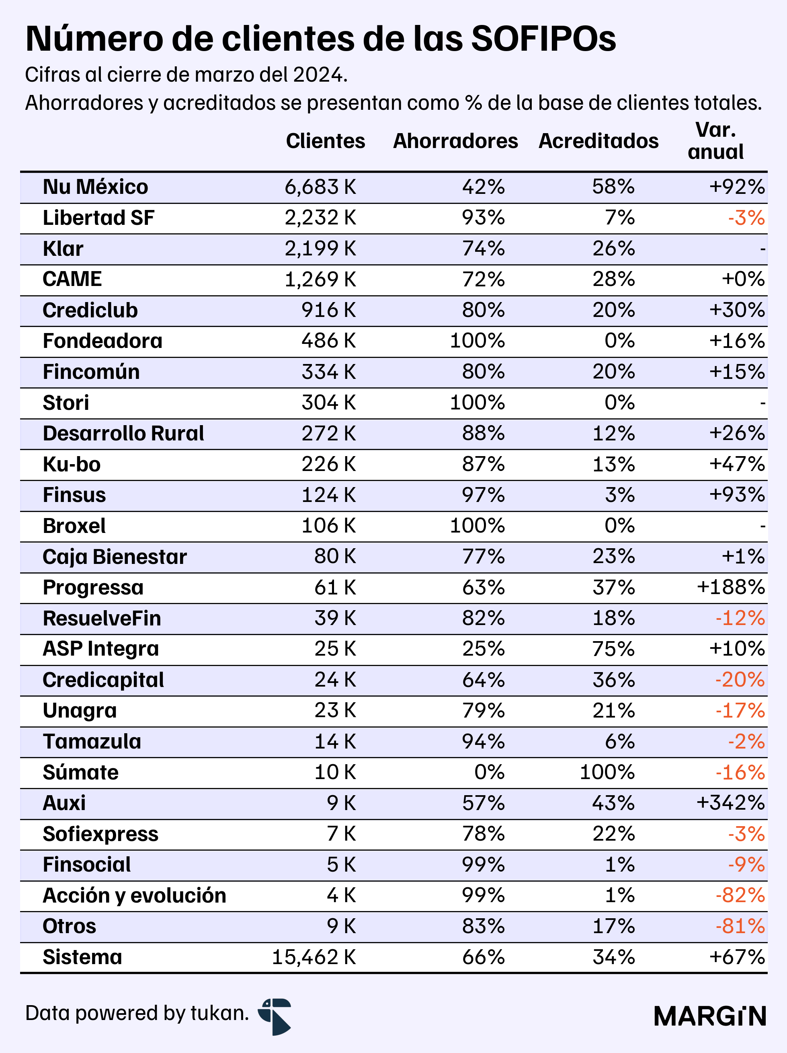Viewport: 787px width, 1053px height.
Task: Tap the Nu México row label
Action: [x=95, y=187]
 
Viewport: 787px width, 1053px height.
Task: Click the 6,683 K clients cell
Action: [x=320, y=187]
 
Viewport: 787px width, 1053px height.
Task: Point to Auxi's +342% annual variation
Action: [x=731, y=803]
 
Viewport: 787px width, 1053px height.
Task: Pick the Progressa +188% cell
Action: [x=731, y=587]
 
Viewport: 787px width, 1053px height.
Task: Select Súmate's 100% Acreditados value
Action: [x=607, y=772]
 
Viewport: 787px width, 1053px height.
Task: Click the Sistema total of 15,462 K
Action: [x=314, y=957]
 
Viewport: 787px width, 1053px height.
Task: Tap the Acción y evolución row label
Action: [x=134, y=895]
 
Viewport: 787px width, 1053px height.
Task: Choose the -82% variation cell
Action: [x=740, y=895]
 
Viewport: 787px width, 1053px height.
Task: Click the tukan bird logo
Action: [x=275, y=1016]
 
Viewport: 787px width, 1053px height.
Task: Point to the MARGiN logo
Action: [x=710, y=1016]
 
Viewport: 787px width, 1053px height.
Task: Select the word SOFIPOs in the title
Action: [x=543, y=39]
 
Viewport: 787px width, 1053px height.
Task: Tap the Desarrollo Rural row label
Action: [x=123, y=434]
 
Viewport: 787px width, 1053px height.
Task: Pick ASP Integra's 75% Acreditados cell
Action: [x=613, y=649]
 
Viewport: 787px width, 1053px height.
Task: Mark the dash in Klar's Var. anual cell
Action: [x=763, y=249]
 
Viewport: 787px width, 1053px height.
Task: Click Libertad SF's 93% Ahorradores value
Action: [x=483, y=218]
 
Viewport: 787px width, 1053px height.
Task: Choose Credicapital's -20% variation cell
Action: [x=740, y=680]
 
